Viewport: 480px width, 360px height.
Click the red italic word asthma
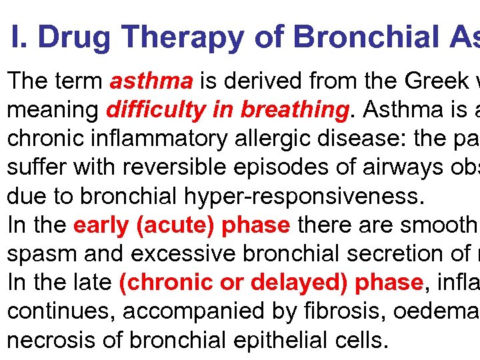coord(151,82)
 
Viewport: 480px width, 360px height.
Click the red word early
coord(101,225)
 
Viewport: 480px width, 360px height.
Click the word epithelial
coord(273,340)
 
